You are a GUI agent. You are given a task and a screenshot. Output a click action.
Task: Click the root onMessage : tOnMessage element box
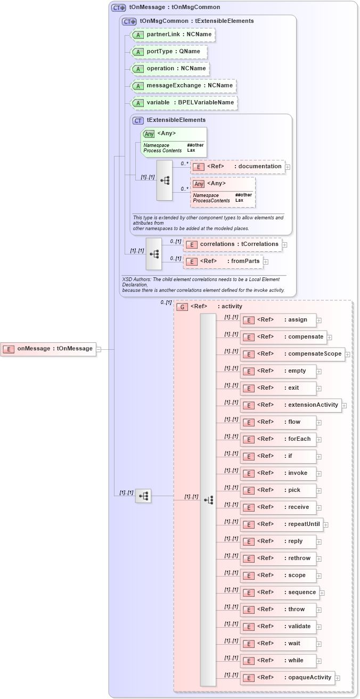tap(48, 349)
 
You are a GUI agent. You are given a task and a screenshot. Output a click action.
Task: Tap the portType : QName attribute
tap(168, 52)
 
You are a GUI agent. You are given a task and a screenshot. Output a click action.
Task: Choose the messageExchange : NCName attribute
tap(184, 86)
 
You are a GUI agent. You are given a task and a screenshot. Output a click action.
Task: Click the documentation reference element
tap(238, 167)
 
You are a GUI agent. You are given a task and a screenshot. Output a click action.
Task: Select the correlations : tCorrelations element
tap(232, 244)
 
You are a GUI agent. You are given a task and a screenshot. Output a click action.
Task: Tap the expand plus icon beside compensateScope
tap(347, 354)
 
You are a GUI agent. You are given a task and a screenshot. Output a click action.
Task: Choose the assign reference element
tap(278, 320)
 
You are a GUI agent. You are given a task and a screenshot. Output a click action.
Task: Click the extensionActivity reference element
tap(290, 405)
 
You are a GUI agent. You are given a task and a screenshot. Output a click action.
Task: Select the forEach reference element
tap(278, 439)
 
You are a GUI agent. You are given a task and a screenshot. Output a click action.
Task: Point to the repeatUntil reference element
tap(281, 524)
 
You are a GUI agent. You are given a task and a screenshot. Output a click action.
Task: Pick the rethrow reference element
tap(278, 558)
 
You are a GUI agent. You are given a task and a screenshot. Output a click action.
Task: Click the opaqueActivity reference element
tap(288, 678)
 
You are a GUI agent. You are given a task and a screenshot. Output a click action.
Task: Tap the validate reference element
tap(278, 627)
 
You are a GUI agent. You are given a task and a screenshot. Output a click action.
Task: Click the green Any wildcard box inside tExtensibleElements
tap(174, 142)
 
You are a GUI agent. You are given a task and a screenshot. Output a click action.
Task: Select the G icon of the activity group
tap(182, 307)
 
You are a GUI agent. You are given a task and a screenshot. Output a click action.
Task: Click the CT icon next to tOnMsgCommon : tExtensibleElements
tap(129, 21)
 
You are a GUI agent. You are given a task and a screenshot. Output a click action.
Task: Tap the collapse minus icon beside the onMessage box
tap(99, 349)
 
